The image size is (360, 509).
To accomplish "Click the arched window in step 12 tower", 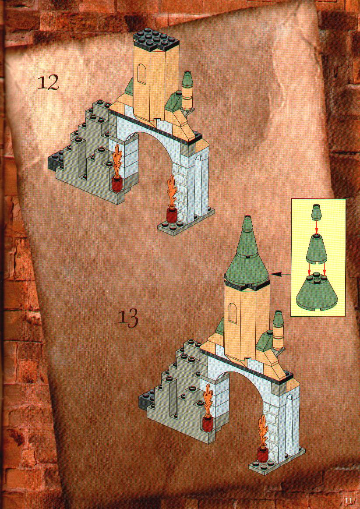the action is click(142, 74).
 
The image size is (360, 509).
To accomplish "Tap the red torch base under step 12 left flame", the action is click(117, 184).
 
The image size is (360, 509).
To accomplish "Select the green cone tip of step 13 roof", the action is click(248, 224).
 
